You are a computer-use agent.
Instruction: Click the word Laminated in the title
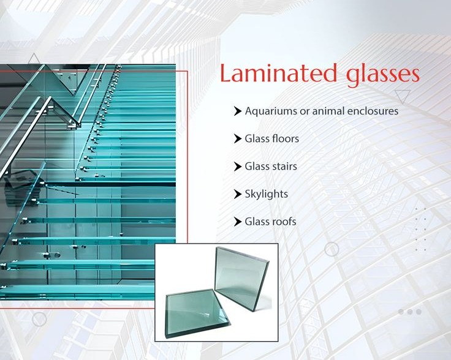[278, 73]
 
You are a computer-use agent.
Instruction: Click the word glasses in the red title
[383, 76]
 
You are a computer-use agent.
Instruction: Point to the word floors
[286, 138]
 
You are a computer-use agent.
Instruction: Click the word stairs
[284, 167]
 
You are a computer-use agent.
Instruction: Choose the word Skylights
[267, 194]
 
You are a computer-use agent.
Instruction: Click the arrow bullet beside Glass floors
[238, 138]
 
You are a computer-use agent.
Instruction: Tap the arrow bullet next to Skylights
[238, 194]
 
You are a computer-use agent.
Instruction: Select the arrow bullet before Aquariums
[238, 111]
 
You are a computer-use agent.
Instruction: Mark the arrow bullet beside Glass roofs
[238, 222]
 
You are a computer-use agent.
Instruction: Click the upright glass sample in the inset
[241, 278]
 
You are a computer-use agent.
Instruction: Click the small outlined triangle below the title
[403, 96]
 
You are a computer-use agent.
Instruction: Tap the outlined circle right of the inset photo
[332, 249]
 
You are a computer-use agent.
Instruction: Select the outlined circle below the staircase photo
[39, 319]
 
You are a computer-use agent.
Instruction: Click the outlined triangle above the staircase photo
[34, 58]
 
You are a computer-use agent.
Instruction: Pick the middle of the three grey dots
[410, 312]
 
